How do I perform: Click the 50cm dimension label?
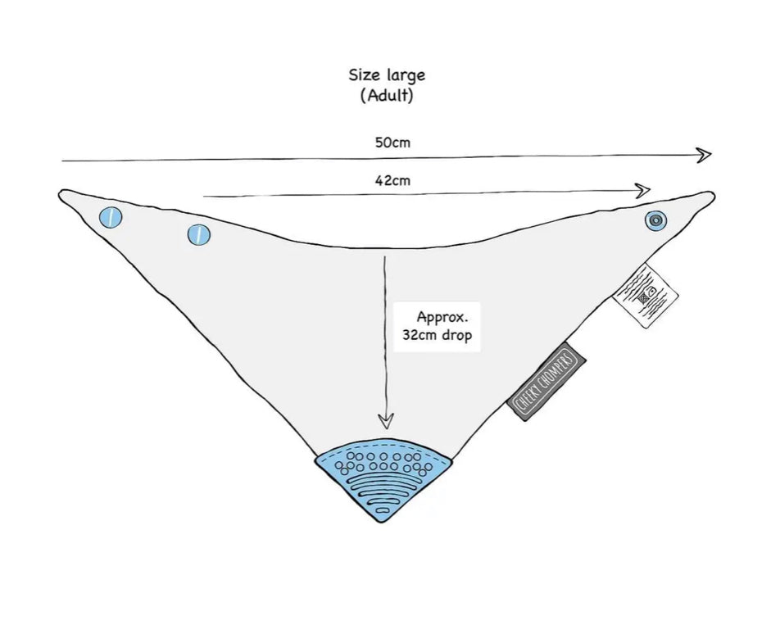tap(392, 143)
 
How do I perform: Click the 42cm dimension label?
tap(392, 181)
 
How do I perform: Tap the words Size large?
tap(387, 75)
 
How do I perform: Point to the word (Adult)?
tap(387, 95)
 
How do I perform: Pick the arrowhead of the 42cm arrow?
tap(645, 191)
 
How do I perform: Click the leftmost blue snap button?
tap(110, 218)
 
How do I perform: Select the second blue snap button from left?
tap(198, 235)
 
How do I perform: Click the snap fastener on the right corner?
tap(655, 220)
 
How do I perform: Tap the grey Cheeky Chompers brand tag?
tap(548, 381)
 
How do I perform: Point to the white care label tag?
tap(646, 295)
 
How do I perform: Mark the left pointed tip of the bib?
tap(61, 194)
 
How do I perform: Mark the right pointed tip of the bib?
tap(713, 194)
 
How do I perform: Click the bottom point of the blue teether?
tap(382, 521)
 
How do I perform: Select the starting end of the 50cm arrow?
tap(62, 161)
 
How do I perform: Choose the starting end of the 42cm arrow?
tap(204, 197)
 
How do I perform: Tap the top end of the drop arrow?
tap(384, 256)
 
